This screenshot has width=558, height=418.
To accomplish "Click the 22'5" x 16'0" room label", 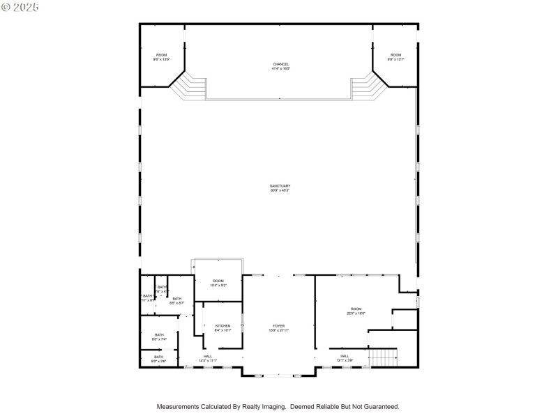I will tap(356, 311).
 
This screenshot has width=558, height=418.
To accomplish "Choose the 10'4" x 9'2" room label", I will tap(218, 283).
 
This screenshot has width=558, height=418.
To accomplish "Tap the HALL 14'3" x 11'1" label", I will tap(207, 358).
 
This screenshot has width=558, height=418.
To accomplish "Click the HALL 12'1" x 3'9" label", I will tap(345, 358).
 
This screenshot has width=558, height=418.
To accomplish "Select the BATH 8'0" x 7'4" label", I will tap(159, 336).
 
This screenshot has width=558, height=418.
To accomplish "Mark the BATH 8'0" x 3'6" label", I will tap(159, 359).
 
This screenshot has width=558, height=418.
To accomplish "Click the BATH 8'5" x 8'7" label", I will tap(176, 300).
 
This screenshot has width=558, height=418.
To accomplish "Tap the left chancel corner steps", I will tap(190, 87).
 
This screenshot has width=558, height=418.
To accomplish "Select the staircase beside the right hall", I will tap(382, 357).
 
